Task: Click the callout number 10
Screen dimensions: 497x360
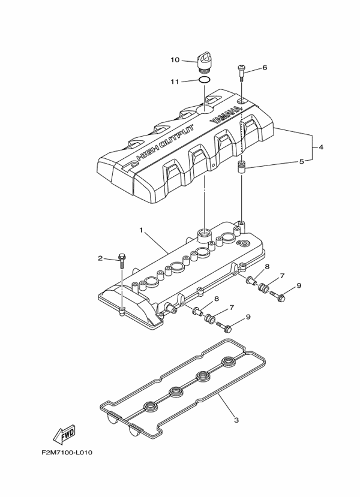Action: point(175,59)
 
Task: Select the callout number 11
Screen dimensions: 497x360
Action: point(175,80)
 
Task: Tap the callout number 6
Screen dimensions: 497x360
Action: point(265,68)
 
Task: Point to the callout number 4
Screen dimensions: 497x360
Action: point(321,147)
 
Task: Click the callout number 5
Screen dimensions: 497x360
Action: point(302,161)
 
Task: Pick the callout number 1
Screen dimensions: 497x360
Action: point(141,230)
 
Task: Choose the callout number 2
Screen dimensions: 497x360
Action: point(101,258)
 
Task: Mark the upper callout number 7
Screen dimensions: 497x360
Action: point(281,276)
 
